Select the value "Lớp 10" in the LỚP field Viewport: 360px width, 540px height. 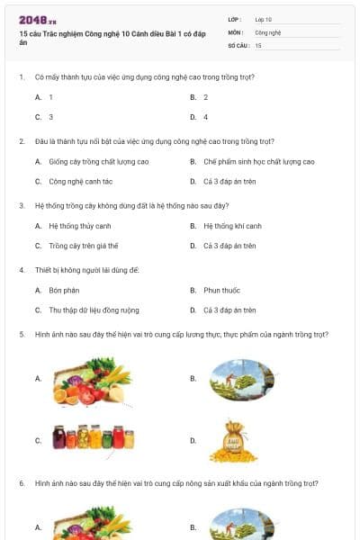(264, 19)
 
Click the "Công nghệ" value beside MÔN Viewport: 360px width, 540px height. (268, 31)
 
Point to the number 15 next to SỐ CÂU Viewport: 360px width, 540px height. (258, 44)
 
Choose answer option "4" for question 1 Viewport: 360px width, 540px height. (205, 117)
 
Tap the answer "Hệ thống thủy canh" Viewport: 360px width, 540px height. (80, 226)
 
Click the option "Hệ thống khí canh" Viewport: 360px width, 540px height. (232, 226)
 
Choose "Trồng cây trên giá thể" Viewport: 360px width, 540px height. (84, 246)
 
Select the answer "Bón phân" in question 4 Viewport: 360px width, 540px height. (65, 291)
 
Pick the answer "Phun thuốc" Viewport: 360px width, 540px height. (221, 291)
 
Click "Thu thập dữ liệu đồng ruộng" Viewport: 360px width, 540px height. (94, 310)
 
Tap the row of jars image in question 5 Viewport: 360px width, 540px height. (93, 438)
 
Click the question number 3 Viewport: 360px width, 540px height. (21, 206)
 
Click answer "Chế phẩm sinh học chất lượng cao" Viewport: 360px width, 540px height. (259, 162)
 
